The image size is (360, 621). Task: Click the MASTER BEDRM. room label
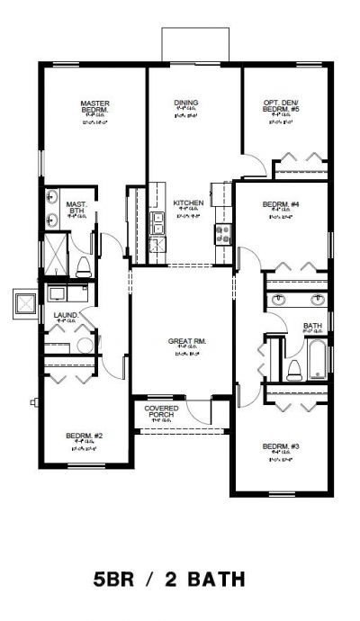click(x=94, y=106)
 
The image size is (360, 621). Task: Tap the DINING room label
click(x=186, y=103)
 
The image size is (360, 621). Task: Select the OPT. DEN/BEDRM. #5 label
click(x=286, y=106)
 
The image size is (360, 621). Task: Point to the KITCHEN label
click(x=188, y=203)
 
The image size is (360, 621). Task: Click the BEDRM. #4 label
click(x=281, y=204)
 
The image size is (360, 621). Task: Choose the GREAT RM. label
click(x=187, y=341)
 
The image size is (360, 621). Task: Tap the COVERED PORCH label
click(x=161, y=411)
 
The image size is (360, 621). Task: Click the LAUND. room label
click(x=65, y=315)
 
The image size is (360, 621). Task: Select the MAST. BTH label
click(x=76, y=207)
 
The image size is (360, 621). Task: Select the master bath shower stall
click(x=54, y=252)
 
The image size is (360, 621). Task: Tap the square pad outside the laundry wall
click(x=24, y=302)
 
